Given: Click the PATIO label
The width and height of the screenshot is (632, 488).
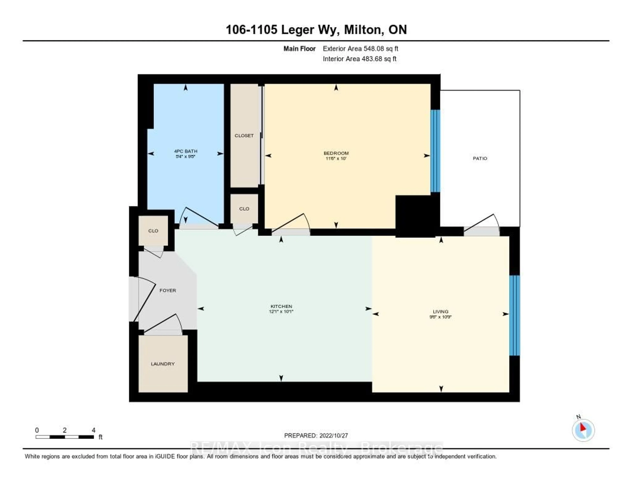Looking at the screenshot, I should pos(480,158).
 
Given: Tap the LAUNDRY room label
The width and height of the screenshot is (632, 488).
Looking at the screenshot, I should pos(163,364).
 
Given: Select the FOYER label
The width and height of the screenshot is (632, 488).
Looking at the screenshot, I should pos(168,290).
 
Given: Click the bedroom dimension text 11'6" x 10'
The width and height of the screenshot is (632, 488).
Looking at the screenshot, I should pos(336,158).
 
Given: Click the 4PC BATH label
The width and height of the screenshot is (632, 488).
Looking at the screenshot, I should pos(185,151).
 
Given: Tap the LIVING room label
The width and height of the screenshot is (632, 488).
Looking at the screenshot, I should pos(440,312).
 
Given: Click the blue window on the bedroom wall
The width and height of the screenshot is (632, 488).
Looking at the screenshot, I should pos(435,151).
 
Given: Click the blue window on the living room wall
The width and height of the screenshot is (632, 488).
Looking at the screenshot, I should pos(514,315).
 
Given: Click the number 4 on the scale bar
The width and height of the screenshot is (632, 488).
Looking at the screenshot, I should pos(93,430).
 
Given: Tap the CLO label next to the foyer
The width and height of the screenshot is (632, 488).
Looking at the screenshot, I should pos(153,231).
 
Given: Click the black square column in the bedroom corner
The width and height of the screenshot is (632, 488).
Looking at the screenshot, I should pos(415,216).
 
